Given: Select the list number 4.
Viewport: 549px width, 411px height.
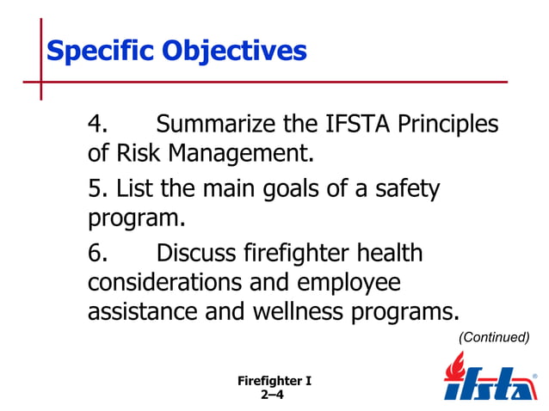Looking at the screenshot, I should click(97, 125).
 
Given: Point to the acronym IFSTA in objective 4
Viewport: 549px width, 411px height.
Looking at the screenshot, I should click(350, 125).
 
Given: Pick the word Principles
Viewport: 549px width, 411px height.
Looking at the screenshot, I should click(447, 125).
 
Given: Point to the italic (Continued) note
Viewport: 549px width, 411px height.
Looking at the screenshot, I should click(493, 337).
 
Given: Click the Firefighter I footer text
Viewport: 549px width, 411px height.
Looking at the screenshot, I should click(273, 381).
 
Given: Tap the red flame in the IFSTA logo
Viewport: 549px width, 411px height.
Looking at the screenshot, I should click(455, 368).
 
